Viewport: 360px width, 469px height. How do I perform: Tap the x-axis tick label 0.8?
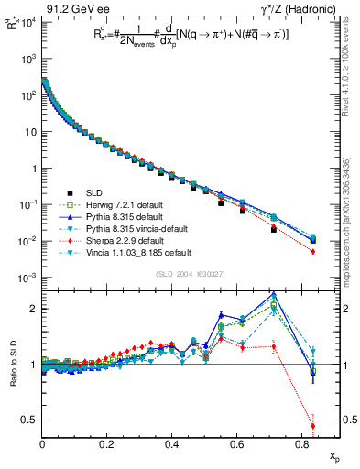pyautogui.click(x=302, y=444)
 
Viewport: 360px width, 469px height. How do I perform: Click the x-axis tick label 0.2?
pyautogui.click(x=107, y=444)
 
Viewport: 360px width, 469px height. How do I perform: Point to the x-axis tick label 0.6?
pyautogui.click(x=237, y=444)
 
